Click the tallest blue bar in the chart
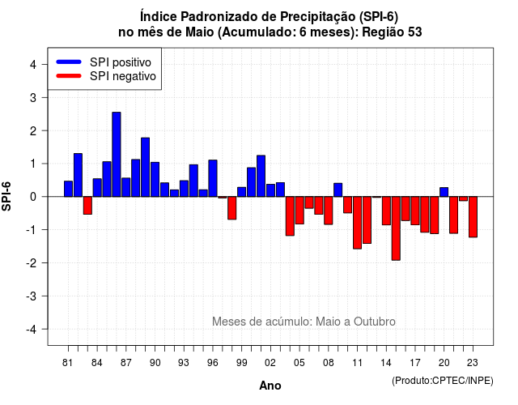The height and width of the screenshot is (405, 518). click(117, 155)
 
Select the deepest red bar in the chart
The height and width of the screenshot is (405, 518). click(396, 228)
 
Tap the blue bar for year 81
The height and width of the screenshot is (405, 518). click(68, 189)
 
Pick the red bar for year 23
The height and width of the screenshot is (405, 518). click(473, 217)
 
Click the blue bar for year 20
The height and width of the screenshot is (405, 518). click(444, 192)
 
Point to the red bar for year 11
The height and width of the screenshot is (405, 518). click(357, 223)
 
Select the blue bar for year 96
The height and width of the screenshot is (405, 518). click(213, 178)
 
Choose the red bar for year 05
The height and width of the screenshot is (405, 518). click(299, 211)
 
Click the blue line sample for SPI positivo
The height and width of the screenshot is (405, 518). click(69, 62)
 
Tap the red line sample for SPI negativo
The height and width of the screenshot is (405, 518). click(69, 75)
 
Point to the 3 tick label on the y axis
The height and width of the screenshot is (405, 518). click(33, 97)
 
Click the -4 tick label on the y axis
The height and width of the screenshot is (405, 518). click(31, 330)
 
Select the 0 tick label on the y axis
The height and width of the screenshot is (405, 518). click(33, 197)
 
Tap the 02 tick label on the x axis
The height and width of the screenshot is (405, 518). click(270, 363)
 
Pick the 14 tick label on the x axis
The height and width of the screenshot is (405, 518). click(386, 363)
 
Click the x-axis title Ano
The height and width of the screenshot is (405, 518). click(270, 386)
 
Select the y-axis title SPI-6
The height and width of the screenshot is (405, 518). click(6, 196)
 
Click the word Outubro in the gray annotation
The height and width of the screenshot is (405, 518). click(374, 322)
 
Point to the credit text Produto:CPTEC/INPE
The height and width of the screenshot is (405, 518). click(443, 381)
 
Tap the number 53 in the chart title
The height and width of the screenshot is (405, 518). click(415, 32)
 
